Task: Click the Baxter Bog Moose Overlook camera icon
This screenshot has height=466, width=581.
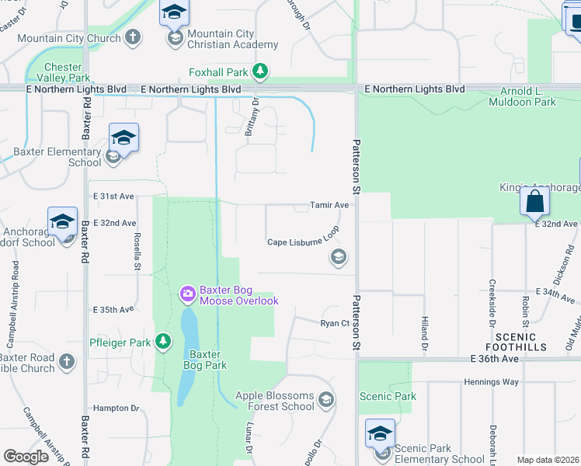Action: coord(188,293)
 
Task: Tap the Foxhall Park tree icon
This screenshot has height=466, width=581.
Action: coord(261,72)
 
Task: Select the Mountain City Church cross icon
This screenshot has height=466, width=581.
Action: coord(133,37)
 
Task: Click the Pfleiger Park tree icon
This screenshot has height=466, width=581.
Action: coord(162,341)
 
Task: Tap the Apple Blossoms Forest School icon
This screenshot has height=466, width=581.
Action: coord(326,400)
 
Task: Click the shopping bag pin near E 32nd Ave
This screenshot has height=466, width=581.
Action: coord(535,202)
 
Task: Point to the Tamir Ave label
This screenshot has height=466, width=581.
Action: coord(330,205)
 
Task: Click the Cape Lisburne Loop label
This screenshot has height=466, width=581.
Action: coord(304,242)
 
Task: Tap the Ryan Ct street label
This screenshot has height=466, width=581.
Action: coord(336,323)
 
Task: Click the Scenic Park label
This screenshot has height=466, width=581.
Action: coord(388,396)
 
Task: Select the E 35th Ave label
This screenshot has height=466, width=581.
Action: coord(113,309)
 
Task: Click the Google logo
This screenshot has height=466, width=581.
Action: coord(26,456)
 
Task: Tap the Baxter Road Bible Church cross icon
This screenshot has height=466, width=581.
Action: coord(67,360)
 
